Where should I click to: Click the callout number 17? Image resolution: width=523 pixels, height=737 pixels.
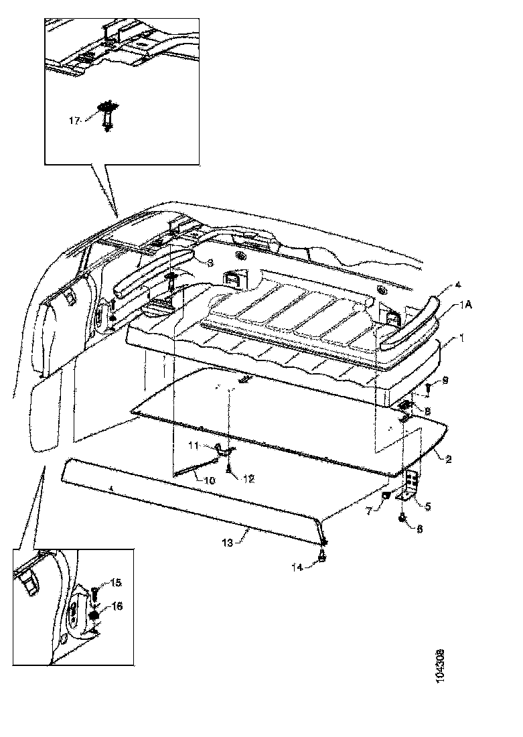pos(74,121)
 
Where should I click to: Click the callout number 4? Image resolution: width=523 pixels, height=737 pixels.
pos(458,285)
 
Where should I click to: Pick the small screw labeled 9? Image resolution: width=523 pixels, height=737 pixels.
pos(427,389)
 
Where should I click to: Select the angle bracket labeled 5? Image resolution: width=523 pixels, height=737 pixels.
pos(412,485)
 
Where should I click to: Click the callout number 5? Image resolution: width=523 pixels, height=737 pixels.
pos(427,507)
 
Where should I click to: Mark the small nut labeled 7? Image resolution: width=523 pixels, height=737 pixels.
pos(386,496)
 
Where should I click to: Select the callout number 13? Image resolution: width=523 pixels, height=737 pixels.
pos(227,543)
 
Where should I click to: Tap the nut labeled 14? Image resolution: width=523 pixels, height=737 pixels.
pos(323,555)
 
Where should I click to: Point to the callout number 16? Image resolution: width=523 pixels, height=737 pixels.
pos(117,607)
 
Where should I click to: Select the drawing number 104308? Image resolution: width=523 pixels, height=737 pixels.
pos(440,665)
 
